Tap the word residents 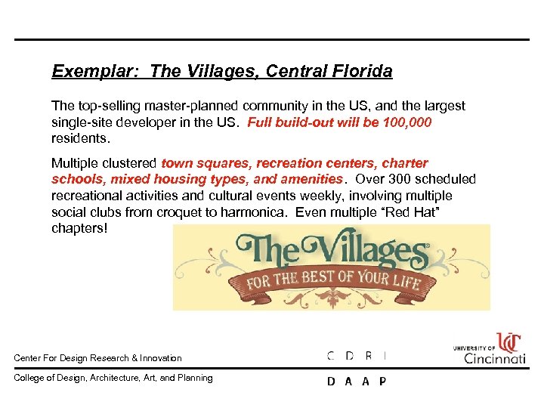click(79, 139)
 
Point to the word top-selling click(106, 107)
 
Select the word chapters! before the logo click(79, 227)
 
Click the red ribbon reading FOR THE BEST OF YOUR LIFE click(332, 283)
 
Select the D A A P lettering click(357, 382)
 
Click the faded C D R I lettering click(357, 355)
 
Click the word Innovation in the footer click(159, 358)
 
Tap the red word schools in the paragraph click(79, 179)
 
